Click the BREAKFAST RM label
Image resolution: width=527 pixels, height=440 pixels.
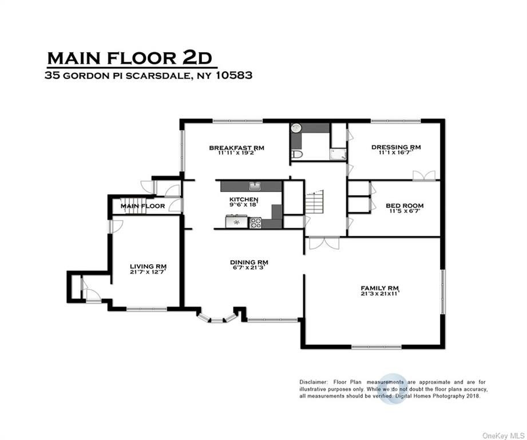coord(237,148)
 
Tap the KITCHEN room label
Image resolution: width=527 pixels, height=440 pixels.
coord(244,199)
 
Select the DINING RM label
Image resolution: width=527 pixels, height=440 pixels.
coord(249,262)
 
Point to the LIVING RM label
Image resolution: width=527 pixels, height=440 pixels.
coord(148,266)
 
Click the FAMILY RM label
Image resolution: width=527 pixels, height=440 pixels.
coord(379,288)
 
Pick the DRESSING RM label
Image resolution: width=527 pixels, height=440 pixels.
coord(396,147)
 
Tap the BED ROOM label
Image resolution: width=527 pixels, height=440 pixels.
coord(405,206)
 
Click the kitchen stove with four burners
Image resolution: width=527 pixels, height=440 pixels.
coord(255,223)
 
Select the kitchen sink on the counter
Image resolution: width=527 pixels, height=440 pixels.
coord(255,186)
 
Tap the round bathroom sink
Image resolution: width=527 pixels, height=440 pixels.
coord(296,128)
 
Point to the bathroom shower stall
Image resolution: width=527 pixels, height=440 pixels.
coord(338,155)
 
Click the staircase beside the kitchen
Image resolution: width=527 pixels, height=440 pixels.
coord(314,202)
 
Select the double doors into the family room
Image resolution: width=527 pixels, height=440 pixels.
coord(324,243)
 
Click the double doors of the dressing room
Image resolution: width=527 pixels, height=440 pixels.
coord(424,176)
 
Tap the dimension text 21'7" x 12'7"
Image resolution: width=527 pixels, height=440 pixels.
coord(148,272)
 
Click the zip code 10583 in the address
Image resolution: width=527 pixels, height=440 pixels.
coord(234,74)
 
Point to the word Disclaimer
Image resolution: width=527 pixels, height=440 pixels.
coord(313,382)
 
